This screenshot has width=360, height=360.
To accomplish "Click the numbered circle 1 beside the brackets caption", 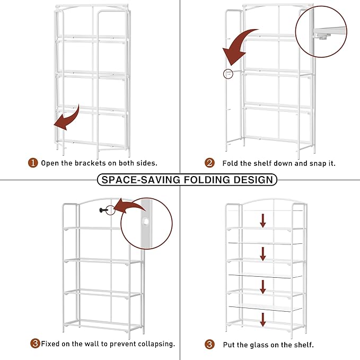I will tap(33, 163).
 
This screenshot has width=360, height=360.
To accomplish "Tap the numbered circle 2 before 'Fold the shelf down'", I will tap(210, 163).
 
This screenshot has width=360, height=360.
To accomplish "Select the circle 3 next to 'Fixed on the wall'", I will tap(35, 344).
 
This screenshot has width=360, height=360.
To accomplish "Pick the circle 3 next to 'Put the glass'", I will tap(210, 345).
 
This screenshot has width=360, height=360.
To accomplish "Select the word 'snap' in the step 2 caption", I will tap(309, 163).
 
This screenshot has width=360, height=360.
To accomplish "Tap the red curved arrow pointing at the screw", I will tap(130, 206).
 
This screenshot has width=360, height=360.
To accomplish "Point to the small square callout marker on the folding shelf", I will tap(228, 74).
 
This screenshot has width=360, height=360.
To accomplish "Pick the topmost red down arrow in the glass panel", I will tap(262, 221).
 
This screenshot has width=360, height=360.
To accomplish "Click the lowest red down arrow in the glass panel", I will tap(262, 320).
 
